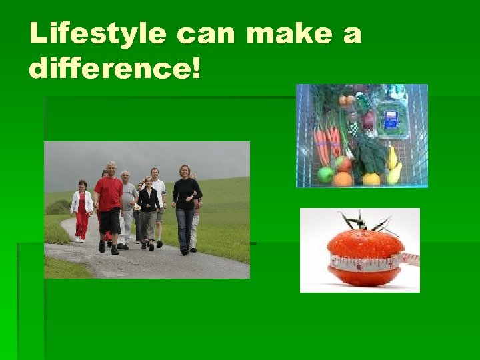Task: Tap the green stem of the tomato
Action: [x=364, y=223]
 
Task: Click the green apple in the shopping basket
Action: [x=326, y=175]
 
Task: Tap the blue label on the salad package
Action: [x=391, y=119]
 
